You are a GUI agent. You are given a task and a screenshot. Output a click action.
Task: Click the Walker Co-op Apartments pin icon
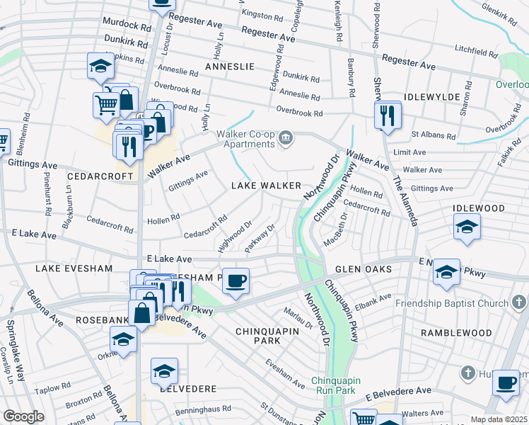(x=286, y=137)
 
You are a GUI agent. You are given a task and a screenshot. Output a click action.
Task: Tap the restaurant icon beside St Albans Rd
(x=387, y=115)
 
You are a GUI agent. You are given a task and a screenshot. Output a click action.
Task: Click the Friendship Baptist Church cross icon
(x=519, y=303)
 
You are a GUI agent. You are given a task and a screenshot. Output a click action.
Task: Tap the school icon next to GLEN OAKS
(x=446, y=273)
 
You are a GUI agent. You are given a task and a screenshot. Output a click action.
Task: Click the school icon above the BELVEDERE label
(x=164, y=371)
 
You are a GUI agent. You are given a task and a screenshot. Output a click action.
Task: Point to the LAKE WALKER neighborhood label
(x=267, y=186)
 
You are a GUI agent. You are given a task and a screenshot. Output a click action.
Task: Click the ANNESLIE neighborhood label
(x=229, y=66)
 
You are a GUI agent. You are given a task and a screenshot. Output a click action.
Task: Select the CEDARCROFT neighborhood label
(x=100, y=176)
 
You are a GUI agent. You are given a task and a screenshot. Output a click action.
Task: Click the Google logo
(x=23, y=416)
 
